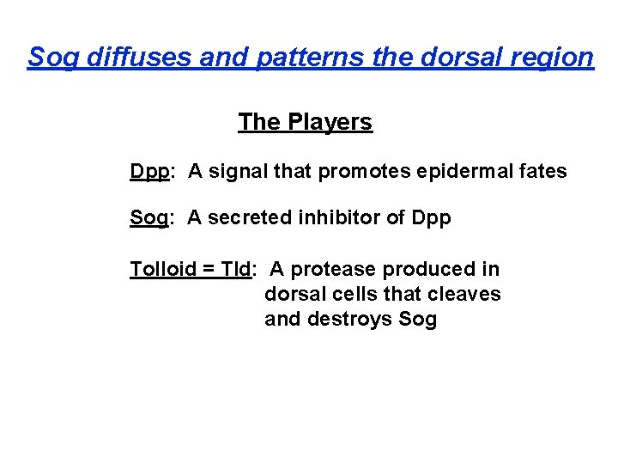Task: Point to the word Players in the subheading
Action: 330,122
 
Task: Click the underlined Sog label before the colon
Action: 148,218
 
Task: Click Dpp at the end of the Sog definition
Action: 431,218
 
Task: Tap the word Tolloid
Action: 163,270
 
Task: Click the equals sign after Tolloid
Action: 209,270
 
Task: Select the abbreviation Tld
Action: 235,270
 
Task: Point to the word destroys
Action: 350,321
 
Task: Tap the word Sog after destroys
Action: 418,321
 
